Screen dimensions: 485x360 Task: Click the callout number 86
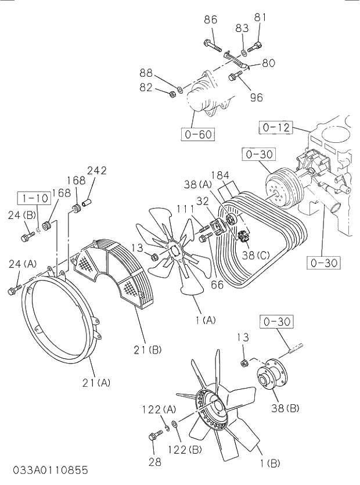pos(210,20)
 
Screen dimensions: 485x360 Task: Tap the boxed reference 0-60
pos(197,135)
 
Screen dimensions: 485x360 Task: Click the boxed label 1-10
pos(34,198)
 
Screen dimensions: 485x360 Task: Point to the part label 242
pos(96,170)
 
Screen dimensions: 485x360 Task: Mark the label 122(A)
pos(159,409)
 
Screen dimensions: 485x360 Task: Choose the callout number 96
pos(256,97)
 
